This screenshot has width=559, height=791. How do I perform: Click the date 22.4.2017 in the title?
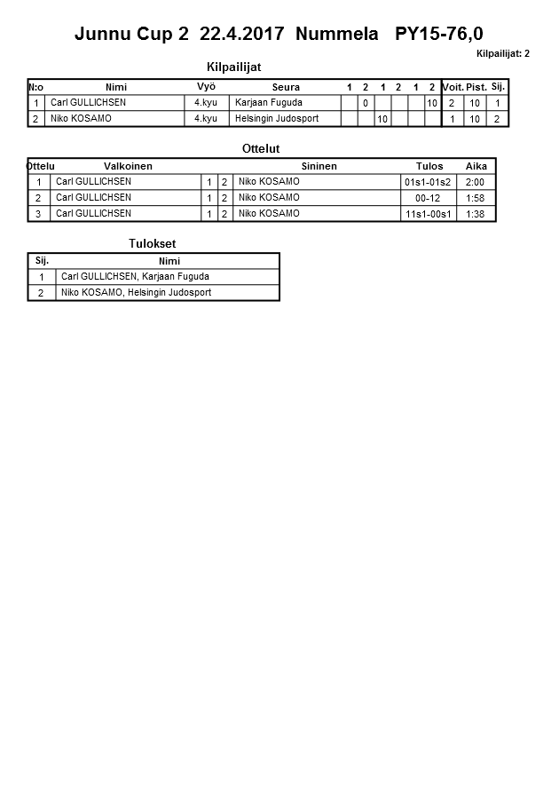[242, 35]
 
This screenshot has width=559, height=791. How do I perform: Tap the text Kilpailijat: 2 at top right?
[503, 53]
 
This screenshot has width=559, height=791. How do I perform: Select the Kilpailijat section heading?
[233, 67]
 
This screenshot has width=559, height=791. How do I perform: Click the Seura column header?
[286, 87]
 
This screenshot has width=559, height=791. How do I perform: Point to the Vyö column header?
[206, 86]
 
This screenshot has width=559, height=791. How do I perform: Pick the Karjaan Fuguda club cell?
[269, 103]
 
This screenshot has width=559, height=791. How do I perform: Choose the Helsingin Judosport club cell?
[277, 119]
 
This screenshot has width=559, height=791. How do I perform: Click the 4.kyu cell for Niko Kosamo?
[206, 119]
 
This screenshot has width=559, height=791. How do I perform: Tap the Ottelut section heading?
[261, 148]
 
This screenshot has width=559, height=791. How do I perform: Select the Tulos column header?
[429, 166]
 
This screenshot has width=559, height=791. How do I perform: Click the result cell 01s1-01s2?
[428, 182]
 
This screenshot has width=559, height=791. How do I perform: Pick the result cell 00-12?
[428, 198]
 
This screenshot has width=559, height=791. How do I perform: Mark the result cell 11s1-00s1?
[428, 214]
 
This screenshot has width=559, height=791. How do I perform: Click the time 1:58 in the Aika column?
[475, 198]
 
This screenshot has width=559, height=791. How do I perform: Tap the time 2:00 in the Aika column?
[475, 182]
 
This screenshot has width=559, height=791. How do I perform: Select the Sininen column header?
[319, 166]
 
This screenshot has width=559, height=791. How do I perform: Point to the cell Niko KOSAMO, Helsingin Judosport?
[136, 292]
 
